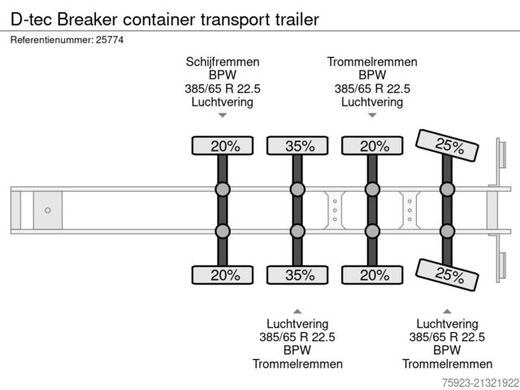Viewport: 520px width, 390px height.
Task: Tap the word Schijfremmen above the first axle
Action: click(x=223, y=62)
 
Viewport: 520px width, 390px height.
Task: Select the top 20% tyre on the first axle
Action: click(x=224, y=146)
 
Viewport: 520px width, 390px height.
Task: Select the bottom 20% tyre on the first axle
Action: click(x=224, y=275)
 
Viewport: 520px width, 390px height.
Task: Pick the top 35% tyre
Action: click(x=298, y=146)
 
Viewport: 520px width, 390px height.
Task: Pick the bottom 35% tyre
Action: click(x=298, y=275)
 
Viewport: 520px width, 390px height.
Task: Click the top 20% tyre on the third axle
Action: click(x=373, y=146)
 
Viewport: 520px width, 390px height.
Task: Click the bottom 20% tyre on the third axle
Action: click(x=373, y=275)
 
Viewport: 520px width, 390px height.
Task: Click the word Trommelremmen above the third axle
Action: click(x=372, y=62)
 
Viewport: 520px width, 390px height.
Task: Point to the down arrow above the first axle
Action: click(x=223, y=117)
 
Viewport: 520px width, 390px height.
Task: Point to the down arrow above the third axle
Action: click(x=372, y=117)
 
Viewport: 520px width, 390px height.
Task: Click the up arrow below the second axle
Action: click(x=297, y=310)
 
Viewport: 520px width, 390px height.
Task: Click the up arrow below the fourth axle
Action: click(x=447, y=310)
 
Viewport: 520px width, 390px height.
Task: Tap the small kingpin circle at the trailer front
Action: click(x=48, y=210)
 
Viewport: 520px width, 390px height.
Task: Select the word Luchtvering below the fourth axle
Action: click(x=447, y=323)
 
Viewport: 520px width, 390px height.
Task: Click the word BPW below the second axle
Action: click(x=297, y=350)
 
